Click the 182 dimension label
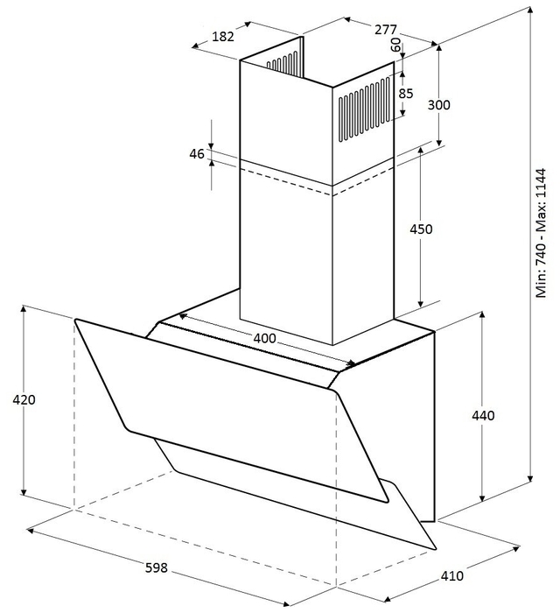point(223,37)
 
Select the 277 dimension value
point(386,29)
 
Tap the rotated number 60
point(395,45)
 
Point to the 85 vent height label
point(406,94)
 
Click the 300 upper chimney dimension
point(439,105)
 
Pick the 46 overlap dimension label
point(197,154)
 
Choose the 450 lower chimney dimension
point(421,229)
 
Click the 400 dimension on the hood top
point(265,338)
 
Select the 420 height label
point(24,399)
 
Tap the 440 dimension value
point(483,415)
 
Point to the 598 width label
point(157,567)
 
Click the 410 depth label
point(452,575)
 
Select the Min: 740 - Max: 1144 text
point(541,234)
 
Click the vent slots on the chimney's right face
point(364,109)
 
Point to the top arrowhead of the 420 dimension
point(24,309)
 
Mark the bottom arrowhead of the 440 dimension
point(483,498)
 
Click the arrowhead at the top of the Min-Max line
point(530,11)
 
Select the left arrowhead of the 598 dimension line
point(30,530)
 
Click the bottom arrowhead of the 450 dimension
point(421,303)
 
